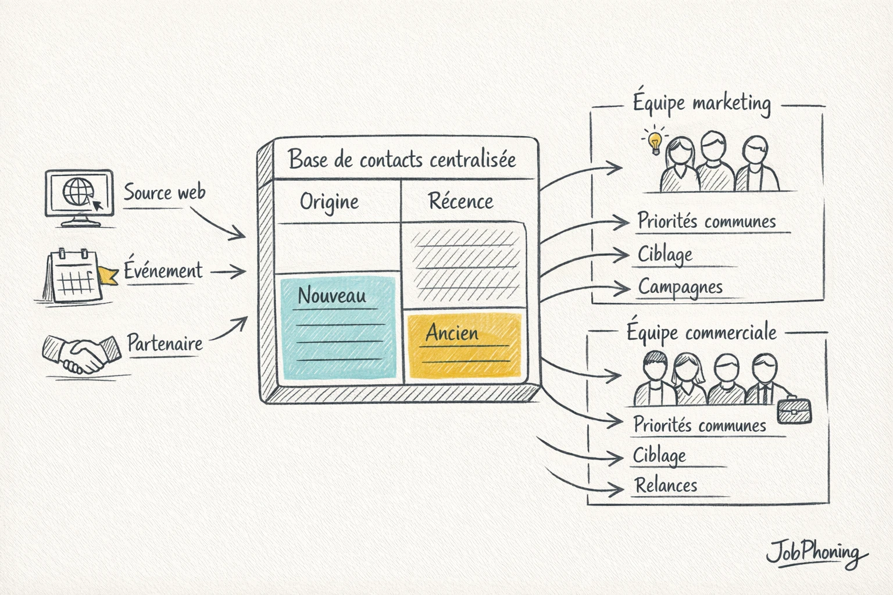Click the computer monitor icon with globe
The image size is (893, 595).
(x=79, y=196)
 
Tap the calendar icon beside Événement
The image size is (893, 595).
(x=72, y=277)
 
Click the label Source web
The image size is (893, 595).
(x=165, y=192)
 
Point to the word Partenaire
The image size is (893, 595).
(x=165, y=343)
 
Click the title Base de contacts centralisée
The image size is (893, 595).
(x=402, y=159)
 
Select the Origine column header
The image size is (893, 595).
(x=329, y=202)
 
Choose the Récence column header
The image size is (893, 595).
(x=460, y=202)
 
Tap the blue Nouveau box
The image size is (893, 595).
(x=338, y=329)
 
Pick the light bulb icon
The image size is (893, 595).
(x=655, y=141)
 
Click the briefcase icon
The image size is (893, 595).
(x=794, y=410)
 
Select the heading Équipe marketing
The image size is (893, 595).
(x=702, y=103)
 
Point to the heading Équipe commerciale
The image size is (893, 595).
(x=701, y=332)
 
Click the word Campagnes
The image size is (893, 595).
(x=680, y=287)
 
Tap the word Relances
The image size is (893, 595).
(x=666, y=485)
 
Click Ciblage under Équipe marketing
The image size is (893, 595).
(x=665, y=255)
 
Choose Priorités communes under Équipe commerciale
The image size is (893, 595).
(x=699, y=425)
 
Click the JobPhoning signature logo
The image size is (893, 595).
(x=814, y=553)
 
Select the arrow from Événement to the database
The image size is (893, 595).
(x=228, y=271)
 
